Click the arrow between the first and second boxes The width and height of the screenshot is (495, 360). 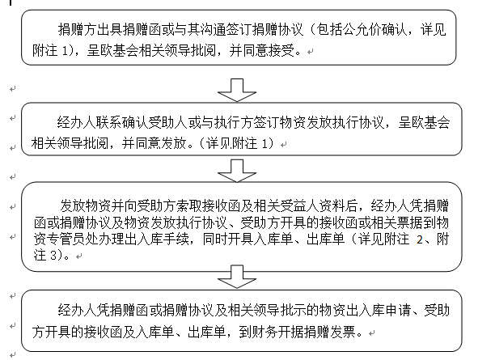(237, 90)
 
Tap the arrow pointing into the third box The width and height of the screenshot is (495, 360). (237, 171)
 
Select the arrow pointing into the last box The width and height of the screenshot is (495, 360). (237, 277)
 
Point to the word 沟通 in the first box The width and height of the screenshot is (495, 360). (213, 29)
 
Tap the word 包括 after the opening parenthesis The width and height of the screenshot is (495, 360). (329, 29)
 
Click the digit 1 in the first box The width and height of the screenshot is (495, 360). (64, 51)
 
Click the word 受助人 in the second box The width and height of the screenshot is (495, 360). (167, 122)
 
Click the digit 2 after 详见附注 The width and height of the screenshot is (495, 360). (419, 239)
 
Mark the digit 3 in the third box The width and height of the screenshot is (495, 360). (53, 255)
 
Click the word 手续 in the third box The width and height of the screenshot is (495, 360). (176, 239)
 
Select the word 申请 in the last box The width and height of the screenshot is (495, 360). (398, 311)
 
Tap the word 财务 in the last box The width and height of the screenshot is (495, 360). (264, 332)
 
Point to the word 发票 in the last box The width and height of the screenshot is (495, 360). (343, 332)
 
